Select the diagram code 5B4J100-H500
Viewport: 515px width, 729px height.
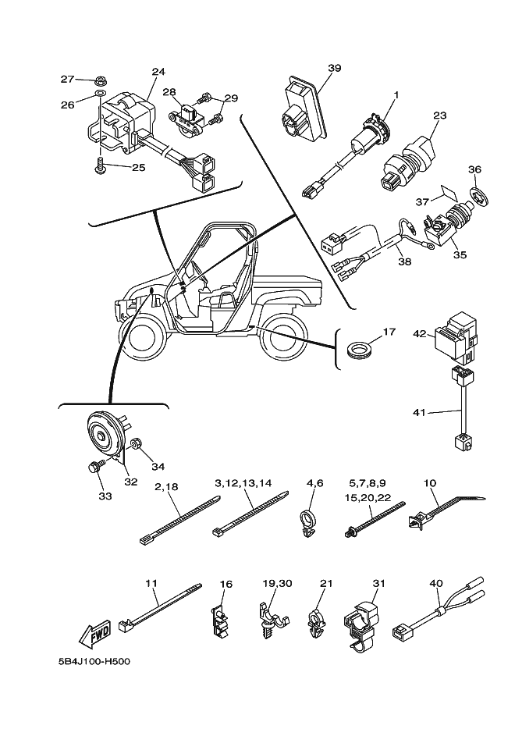pos(94,663)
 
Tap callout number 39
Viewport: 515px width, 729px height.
pos(334,68)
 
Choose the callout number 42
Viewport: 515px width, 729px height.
pos(419,333)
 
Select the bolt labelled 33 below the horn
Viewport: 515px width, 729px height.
pos(93,468)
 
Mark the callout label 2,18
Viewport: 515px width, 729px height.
pos(167,485)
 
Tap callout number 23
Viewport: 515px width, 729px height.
pos(439,115)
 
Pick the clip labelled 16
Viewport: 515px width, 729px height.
pos(222,621)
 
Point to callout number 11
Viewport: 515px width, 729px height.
pos(152,582)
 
